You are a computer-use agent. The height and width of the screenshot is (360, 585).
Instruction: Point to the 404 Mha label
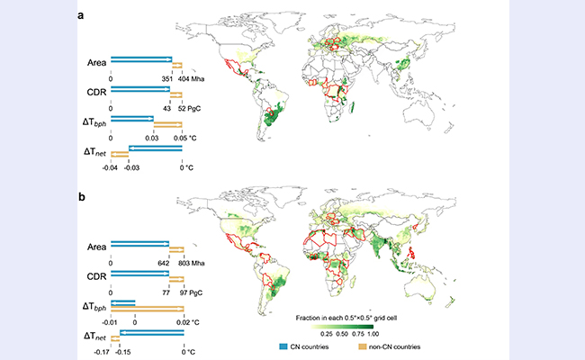click(x=191, y=79)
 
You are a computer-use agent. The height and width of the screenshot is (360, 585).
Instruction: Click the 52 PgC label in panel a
click(x=191, y=108)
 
